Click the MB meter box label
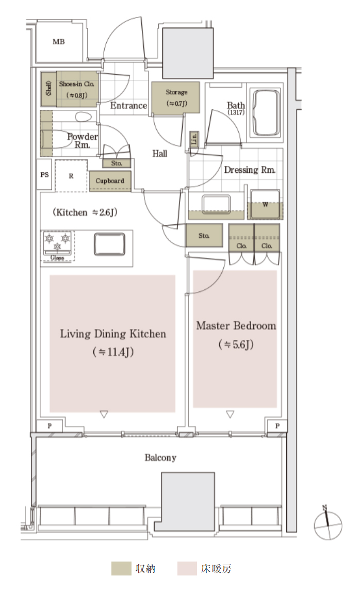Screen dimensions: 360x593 pyautogui.click(x=59, y=42)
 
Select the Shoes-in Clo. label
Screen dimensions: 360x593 pyautogui.click(x=77, y=84)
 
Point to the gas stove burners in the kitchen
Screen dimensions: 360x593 pyautogui.click(x=57, y=243)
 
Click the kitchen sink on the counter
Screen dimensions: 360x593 pyautogui.click(x=110, y=244)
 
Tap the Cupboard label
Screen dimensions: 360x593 pyautogui.click(x=110, y=181)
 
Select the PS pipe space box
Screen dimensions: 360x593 pyautogui.click(x=45, y=174)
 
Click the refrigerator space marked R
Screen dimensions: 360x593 pyautogui.click(x=71, y=176)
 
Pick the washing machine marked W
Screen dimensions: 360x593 pyautogui.click(x=265, y=204)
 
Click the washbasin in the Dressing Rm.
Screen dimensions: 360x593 pyautogui.click(x=216, y=205)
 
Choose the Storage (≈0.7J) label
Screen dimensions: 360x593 pyautogui.click(x=176, y=97)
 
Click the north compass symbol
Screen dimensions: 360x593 pyautogui.click(x=328, y=524)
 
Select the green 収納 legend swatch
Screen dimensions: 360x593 pyautogui.click(x=121, y=568)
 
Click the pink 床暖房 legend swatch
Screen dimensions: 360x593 pyautogui.click(x=187, y=568)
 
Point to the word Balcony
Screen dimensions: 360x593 pyautogui.click(x=160, y=457)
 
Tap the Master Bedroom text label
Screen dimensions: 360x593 pyautogui.click(x=236, y=325)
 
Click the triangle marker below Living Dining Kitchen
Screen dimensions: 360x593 pyautogui.click(x=104, y=415)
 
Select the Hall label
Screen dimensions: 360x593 pyautogui.click(x=160, y=153)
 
